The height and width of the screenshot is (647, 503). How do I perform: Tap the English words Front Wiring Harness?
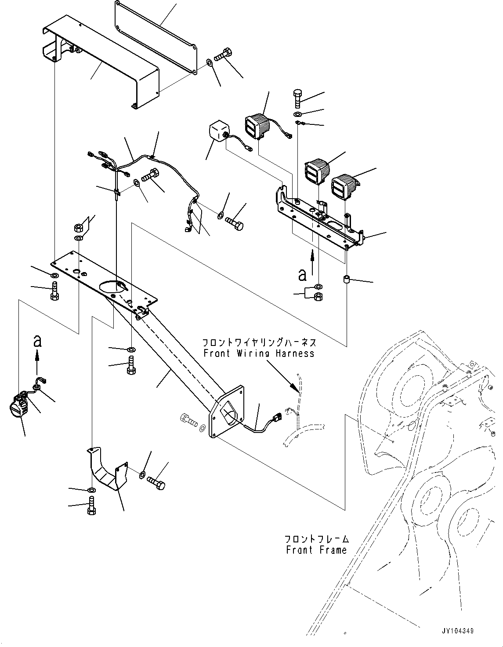coord(259,353)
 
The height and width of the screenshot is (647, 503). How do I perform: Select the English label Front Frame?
coord(316,549)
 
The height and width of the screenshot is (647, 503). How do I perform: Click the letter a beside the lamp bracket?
coord(302,275)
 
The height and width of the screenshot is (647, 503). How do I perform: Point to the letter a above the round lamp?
coord(37,342)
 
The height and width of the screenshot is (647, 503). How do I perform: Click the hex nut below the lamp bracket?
coord(318,296)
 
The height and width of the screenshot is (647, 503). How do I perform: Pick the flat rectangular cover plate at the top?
coord(156,37)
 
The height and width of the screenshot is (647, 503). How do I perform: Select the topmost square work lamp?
coord(257,126)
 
